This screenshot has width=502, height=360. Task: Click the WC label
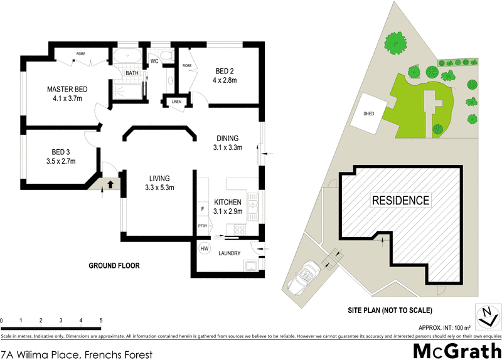pyautogui.click(x=154, y=61)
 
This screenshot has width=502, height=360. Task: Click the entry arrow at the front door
pyautogui.click(x=110, y=184)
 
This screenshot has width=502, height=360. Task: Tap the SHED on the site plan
pyautogui.click(x=369, y=114)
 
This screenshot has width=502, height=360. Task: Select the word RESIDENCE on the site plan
pyautogui.click(x=401, y=201)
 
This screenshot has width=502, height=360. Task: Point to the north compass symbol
pyautogui.click(x=486, y=315)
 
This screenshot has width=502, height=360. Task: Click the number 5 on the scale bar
pyautogui.click(x=101, y=320)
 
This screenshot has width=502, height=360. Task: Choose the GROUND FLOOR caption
pyautogui.click(x=114, y=265)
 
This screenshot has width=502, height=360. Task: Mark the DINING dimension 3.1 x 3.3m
pyautogui.click(x=227, y=148)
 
